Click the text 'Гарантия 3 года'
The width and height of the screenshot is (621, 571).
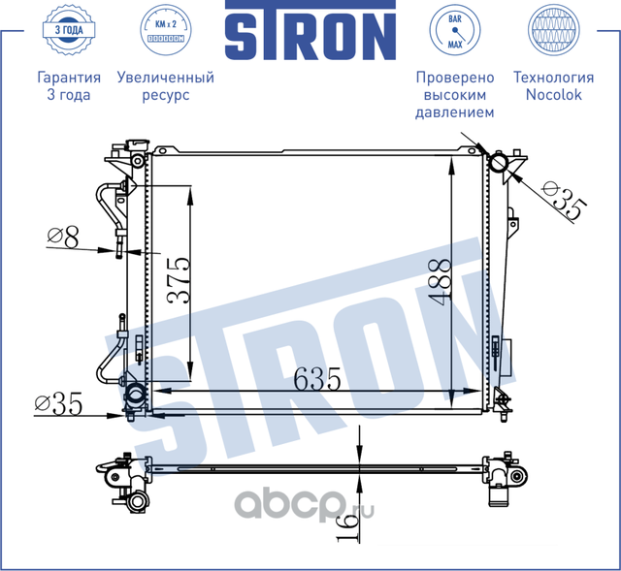tap(68, 86)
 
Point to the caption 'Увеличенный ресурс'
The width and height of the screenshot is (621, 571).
tap(164, 86)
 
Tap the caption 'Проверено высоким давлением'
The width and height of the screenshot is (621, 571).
tap(454, 95)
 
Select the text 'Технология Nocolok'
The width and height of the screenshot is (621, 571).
tap(553, 86)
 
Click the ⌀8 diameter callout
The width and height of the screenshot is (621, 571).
tap(63, 236)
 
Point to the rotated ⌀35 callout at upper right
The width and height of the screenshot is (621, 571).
tap(565, 201)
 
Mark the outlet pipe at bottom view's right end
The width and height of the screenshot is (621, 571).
tap(500, 497)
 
